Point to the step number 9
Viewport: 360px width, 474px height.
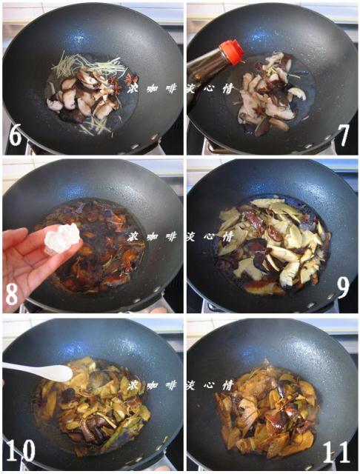343,287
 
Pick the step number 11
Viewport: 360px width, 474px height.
336,451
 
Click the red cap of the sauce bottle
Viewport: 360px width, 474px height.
232,52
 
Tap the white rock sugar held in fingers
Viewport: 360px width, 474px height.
62,238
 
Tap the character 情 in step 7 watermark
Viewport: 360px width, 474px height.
228,88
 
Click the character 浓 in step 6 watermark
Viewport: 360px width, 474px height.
133,88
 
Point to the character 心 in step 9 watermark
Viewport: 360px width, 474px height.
210,236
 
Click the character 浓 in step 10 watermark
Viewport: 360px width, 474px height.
133,385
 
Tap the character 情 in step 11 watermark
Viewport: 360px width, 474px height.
228,385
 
